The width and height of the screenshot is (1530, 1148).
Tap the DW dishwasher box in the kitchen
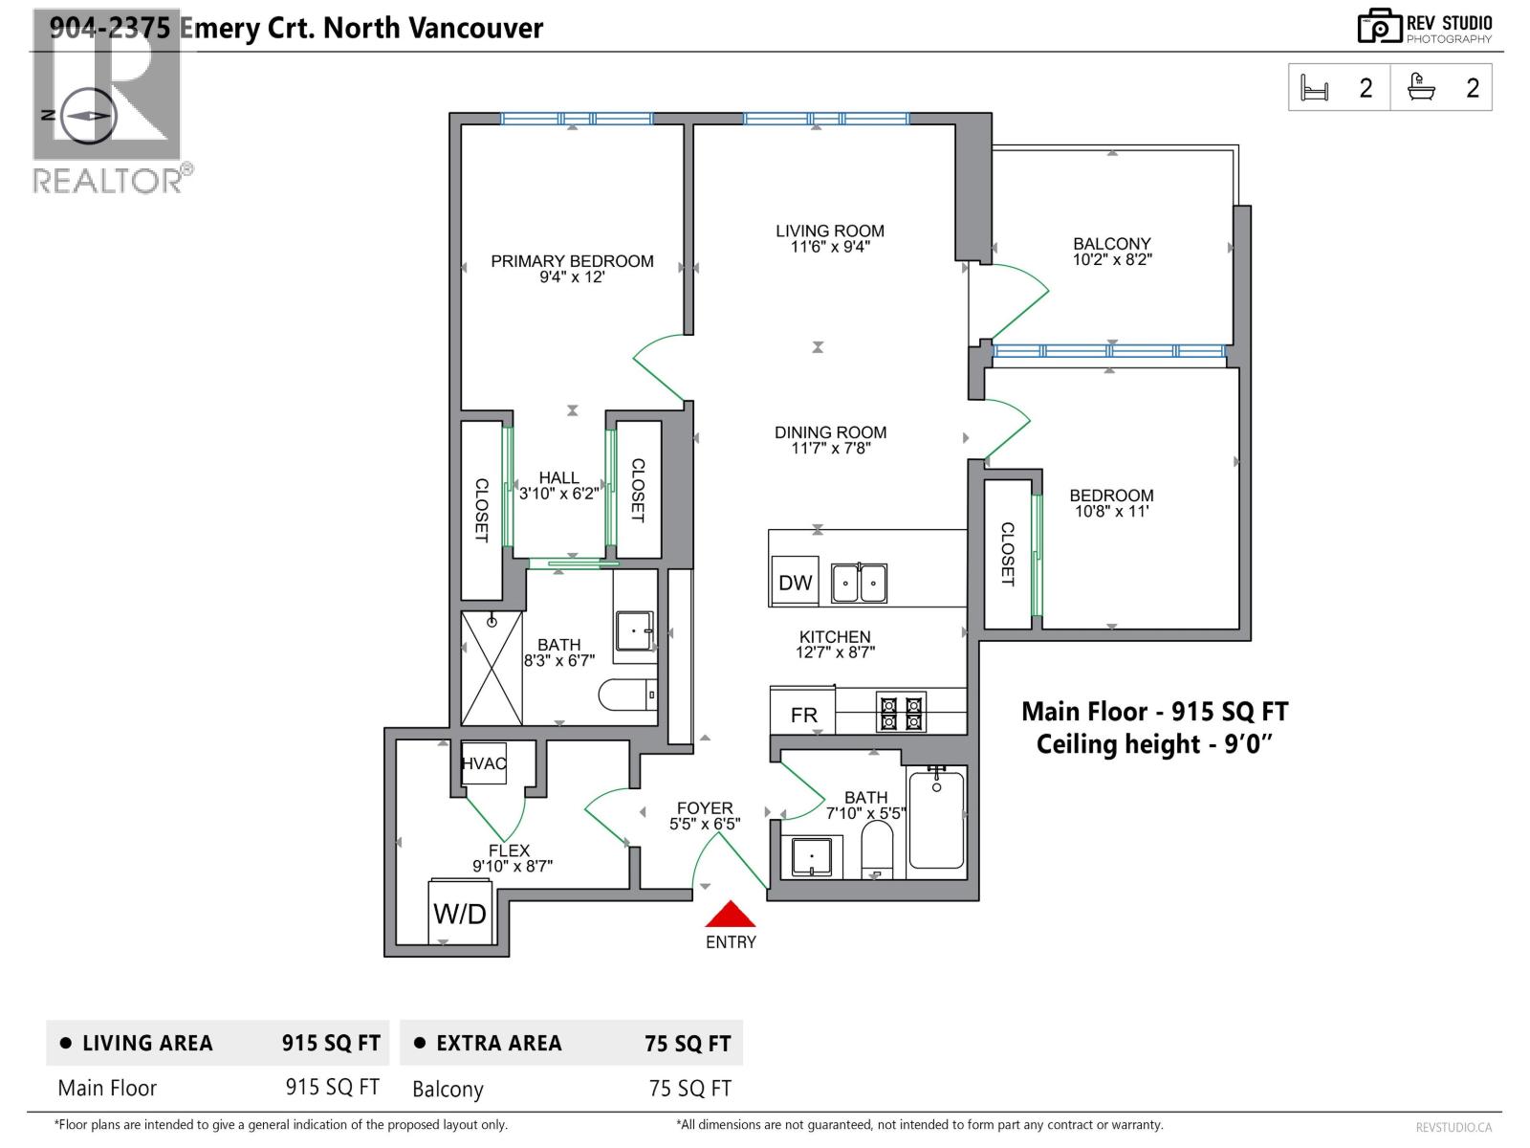tap(795, 582)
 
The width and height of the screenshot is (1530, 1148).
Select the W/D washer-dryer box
tap(460, 913)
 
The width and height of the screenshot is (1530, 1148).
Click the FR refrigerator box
tap(803, 711)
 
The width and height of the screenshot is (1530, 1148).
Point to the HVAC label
tap(484, 763)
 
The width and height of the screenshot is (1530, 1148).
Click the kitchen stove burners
tap(901, 712)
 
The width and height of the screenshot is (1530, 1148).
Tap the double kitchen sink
tap(859, 583)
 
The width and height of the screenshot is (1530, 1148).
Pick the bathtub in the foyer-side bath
tap(937, 818)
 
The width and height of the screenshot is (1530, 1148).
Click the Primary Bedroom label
tap(572, 261)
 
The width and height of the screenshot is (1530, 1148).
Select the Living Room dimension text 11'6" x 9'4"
tap(830, 247)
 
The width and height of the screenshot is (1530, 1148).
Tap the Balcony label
tap(1112, 244)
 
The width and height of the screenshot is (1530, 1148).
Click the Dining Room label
tap(831, 432)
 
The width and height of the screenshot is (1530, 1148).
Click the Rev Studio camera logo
tap(1380, 27)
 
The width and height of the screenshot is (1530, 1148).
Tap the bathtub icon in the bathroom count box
tap(1421, 88)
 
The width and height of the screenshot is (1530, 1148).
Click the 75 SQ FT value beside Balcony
tap(690, 1088)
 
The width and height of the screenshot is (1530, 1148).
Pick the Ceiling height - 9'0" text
tap(1154, 743)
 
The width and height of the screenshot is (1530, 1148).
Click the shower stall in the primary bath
tap(492, 669)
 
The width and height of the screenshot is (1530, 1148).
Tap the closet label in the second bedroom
tap(1007, 554)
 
